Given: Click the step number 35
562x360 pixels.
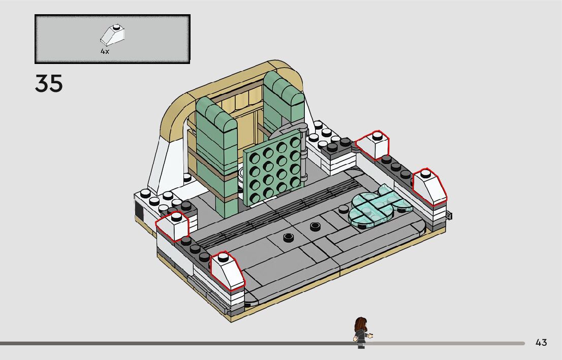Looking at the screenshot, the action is pos(49,84).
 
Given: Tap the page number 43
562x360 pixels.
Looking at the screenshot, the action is pos(541,343).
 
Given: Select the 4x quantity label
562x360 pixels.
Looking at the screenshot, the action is pos(105,52).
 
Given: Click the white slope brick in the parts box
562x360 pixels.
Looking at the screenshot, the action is pos(113,35).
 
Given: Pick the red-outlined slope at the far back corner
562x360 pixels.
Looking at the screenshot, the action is pos(373,145).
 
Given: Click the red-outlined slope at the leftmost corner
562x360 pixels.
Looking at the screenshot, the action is pos(173,226).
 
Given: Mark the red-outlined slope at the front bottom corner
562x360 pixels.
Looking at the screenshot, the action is pos(227,270).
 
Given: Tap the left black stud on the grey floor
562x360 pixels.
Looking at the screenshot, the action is pos(289,236).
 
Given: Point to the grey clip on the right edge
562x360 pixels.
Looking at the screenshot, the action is pos(449,216).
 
